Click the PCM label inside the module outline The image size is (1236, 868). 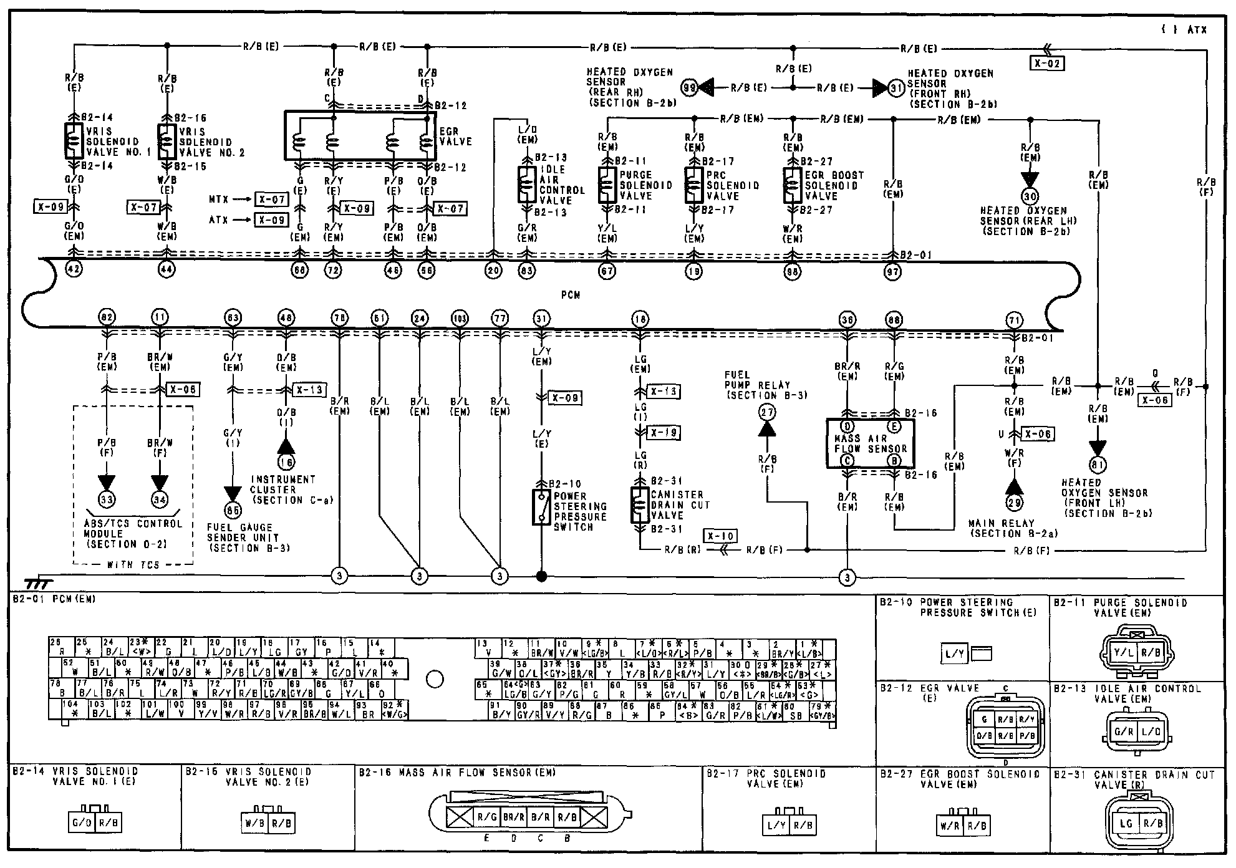571,295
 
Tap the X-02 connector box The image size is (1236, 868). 1046,63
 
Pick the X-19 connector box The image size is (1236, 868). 663,432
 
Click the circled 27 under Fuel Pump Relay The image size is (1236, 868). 767,412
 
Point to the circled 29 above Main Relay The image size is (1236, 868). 1015,503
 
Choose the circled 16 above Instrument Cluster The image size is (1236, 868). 286,463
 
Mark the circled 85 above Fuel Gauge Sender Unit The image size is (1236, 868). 233,509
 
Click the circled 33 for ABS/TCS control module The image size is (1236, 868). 107,499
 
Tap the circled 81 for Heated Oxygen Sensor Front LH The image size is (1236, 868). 1098,465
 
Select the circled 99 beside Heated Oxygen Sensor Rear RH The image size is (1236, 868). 689,88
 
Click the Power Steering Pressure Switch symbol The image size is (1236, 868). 541,507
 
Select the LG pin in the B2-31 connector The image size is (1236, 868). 1126,823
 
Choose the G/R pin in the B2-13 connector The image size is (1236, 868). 1124,732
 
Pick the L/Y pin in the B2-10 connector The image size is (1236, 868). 953,653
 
